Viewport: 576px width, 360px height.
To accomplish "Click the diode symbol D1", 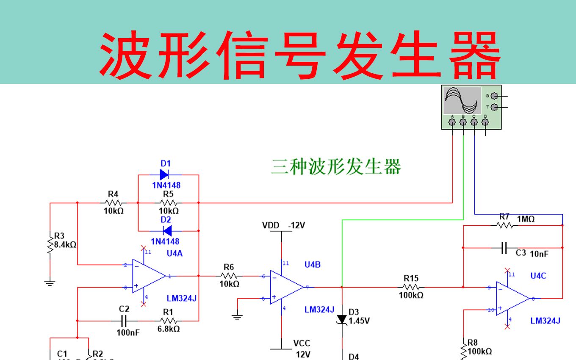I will pos(164,174).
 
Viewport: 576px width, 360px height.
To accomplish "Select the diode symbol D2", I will pos(167,231).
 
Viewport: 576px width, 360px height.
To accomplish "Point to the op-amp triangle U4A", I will pos(148,276).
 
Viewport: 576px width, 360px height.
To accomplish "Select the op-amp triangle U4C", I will pos(512,299).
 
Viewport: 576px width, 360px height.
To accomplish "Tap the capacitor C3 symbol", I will pos(504,248).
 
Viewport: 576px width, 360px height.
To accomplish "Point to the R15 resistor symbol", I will pos(411,287).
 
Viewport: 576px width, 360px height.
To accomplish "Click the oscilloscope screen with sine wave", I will pos(462,101).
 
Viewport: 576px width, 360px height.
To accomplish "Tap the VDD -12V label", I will pos(283,225).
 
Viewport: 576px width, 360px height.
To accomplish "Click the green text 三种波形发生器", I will pos(336,167).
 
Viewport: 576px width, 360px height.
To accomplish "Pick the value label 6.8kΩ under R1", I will pos(169,329).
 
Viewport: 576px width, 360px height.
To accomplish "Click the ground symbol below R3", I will pos(50,283).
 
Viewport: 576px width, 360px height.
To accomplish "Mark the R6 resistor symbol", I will pos(229,276).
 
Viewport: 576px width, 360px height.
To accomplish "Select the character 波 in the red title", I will pos(126,55).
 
